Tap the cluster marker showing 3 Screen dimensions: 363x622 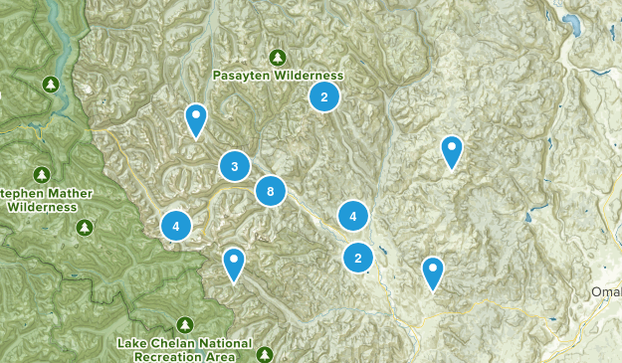pyautogui.click(x=235, y=167)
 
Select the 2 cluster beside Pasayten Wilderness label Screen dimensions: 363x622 pyautogui.click(x=323, y=96)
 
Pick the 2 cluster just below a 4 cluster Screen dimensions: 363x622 pyautogui.click(x=357, y=258)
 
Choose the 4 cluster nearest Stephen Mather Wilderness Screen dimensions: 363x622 pyautogui.click(x=176, y=226)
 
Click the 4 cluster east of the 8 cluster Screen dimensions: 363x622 pyautogui.click(x=352, y=215)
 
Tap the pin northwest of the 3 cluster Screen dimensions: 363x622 pyautogui.click(x=196, y=119)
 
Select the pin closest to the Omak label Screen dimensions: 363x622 pyautogui.click(x=433, y=272)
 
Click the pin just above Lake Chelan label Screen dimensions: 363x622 pyautogui.click(x=234, y=264)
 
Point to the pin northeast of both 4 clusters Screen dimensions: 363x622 pyautogui.click(x=453, y=150)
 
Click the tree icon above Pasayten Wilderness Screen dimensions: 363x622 pyautogui.click(x=278, y=57)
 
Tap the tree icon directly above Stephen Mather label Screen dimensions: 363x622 pyautogui.click(x=43, y=174)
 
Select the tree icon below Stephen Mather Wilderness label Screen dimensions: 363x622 pyautogui.click(x=85, y=228)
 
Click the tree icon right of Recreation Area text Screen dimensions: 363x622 pyautogui.click(x=265, y=354)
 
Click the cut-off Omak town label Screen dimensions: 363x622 pyautogui.click(x=606, y=291)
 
